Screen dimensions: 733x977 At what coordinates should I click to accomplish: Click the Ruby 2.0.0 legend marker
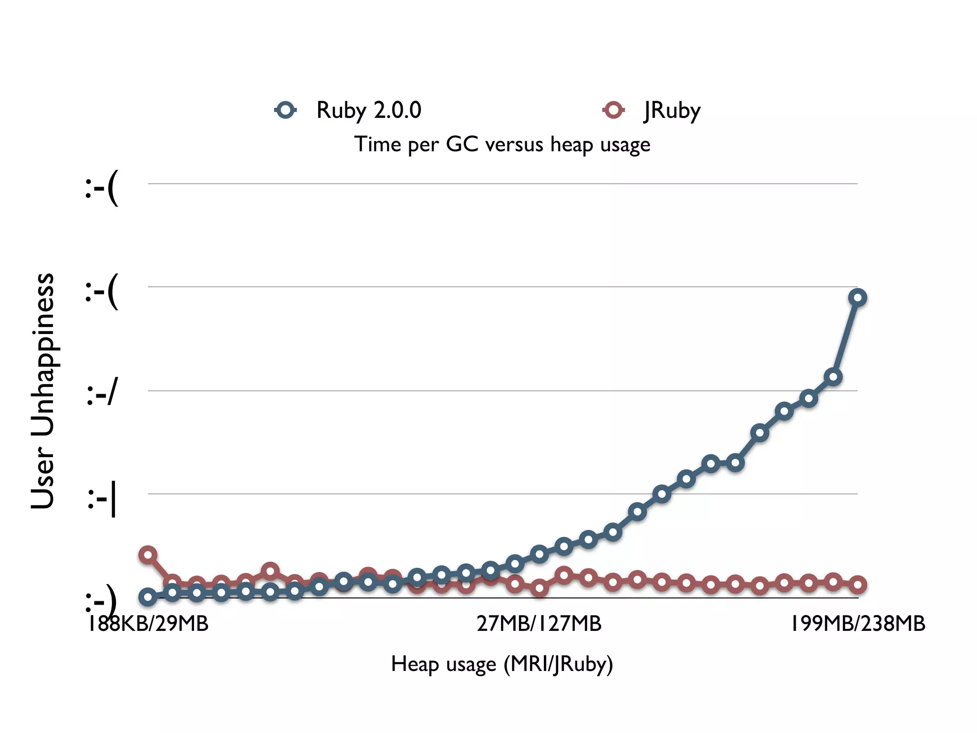(286, 110)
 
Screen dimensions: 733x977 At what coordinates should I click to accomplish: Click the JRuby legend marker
(613, 110)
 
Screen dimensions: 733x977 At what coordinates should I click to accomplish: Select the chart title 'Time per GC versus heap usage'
(502, 144)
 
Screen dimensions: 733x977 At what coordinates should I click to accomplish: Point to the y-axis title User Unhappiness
(43, 390)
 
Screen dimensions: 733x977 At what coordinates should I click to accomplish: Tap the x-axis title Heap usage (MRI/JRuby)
(502, 664)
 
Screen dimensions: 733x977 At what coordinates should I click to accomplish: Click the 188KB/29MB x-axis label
(148, 624)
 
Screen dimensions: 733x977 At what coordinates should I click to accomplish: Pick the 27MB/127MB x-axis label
(539, 624)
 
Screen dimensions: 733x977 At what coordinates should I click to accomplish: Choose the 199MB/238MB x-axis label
(858, 624)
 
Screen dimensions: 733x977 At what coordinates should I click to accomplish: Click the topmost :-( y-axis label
(102, 187)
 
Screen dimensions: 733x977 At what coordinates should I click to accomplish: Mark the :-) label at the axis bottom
(101, 602)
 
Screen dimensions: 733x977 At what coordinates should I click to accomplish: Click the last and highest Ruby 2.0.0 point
(858, 298)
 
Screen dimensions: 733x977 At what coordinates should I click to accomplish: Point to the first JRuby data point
(148, 555)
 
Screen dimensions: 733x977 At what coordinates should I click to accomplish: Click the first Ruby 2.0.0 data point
(148, 597)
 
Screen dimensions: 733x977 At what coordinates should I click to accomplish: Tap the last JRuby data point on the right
(858, 584)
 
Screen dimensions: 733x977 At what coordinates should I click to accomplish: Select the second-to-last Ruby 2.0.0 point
(833, 377)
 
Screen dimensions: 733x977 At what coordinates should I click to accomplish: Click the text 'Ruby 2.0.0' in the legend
(369, 110)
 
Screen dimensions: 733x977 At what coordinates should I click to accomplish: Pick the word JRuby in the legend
(672, 110)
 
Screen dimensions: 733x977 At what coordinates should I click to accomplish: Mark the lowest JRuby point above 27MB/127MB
(539, 588)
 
